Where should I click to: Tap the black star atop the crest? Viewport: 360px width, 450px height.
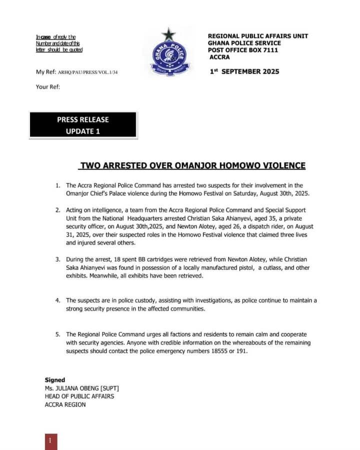pos(168,35)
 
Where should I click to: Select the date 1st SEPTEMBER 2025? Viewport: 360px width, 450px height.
pos(244,71)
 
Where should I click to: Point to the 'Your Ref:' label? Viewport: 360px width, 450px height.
pos(48,86)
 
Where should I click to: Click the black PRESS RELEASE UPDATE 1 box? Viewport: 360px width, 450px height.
pos(82,125)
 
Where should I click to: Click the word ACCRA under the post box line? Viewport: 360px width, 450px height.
pos(219,57)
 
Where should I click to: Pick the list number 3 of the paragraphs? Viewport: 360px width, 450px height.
pos(58,259)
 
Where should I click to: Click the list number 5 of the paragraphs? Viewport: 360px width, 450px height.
pos(58,334)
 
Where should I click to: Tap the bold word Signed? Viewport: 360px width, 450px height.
pos(55,380)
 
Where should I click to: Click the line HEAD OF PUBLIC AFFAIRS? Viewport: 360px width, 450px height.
pos(79,396)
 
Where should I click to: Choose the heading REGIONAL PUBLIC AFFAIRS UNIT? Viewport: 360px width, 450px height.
pos(257,36)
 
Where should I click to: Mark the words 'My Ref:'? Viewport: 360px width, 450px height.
pos(46,72)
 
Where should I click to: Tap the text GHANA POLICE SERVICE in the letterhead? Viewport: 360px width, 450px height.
pos(245,43)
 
